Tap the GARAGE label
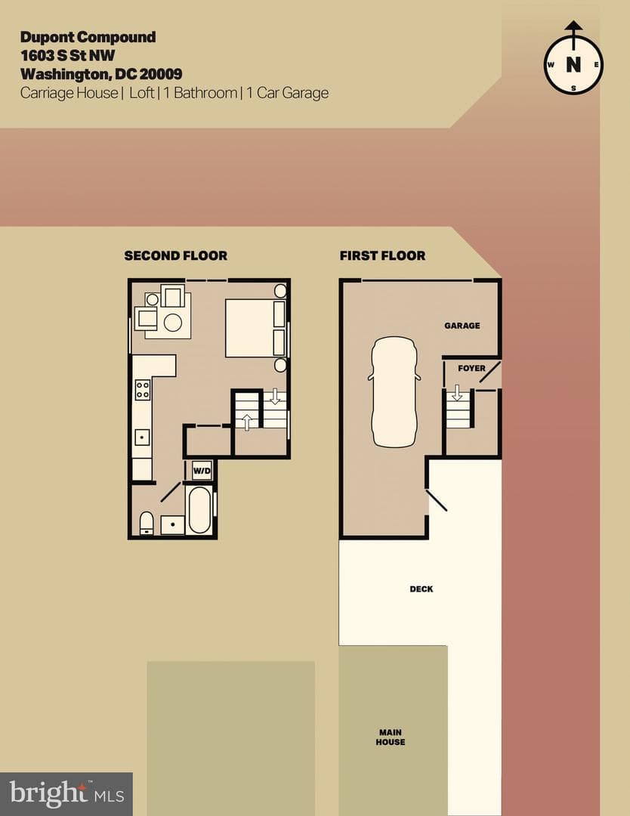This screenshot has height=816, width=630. click(462, 326)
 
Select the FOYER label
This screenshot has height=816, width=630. click(471, 369)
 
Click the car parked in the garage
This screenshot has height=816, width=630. click(394, 392)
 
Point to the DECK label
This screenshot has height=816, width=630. click(422, 589)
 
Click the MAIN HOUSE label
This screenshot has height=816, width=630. click(391, 737)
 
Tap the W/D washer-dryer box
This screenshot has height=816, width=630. click(202, 471)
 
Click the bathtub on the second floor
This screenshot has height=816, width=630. click(199, 510)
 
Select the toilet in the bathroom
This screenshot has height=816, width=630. click(147, 523)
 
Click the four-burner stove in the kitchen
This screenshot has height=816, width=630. click(143, 390)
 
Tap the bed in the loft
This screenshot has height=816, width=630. click(255, 328)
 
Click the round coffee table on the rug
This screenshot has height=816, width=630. click(173, 323)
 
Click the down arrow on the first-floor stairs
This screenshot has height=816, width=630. click(457, 393)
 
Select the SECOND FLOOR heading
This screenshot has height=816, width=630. click(176, 255)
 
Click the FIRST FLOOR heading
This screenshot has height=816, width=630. click(382, 255)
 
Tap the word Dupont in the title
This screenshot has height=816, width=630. click(47, 38)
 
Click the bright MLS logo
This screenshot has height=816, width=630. click(66, 794)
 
